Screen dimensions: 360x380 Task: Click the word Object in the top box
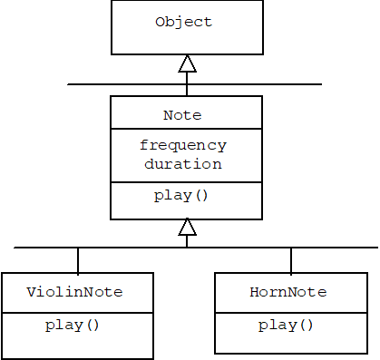(183, 22)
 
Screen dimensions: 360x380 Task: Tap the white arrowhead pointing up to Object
(187, 63)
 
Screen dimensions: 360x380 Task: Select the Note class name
(182, 115)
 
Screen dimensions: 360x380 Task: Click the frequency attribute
(183, 145)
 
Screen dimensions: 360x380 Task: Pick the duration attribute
(182, 164)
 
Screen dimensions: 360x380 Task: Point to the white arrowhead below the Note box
(187, 226)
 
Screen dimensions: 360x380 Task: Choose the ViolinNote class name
(74, 293)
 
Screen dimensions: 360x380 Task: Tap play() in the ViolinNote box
(73, 325)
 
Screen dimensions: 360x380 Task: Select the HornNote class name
(287, 293)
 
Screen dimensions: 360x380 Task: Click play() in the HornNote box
(286, 325)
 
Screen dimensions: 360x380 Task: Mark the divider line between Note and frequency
(186, 130)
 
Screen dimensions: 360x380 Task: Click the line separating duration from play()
(186, 182)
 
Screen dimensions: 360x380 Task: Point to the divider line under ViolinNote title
(76, 312)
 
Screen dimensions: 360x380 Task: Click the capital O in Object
(161, 22)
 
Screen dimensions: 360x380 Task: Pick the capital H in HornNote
(254, 293)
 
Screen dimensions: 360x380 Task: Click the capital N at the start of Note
(168, 115)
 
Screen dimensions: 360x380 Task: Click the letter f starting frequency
(144, 145)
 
